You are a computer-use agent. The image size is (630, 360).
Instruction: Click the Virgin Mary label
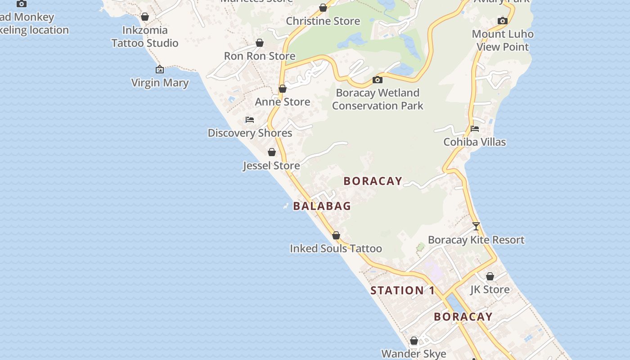(x=160, y=83)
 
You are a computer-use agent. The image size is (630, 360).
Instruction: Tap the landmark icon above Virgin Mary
(x=159, y=69)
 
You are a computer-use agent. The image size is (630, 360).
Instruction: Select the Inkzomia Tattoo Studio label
(x=145, y=36)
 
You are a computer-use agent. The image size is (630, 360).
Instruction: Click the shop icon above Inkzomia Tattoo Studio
(x=145, y=17)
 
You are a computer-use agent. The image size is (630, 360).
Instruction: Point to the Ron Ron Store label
(x=260, y=56)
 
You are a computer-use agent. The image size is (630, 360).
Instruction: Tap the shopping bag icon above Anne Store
(x=283, y=89)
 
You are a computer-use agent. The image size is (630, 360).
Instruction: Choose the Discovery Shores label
(x=250, y=133)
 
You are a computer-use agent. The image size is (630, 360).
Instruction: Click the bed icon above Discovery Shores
(x=250, y=120)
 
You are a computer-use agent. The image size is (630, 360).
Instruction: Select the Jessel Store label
(x=271, y=166)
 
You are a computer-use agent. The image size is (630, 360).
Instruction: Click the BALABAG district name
(x=322, y=206)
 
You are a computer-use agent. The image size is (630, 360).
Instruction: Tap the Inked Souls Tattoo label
(x=336, y=248)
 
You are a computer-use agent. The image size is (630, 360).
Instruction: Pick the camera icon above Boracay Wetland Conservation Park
(x=378, y=80)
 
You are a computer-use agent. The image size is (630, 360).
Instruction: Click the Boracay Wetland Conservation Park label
(x=378, y=99)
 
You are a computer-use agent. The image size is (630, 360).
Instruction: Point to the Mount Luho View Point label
(x=503, y=40)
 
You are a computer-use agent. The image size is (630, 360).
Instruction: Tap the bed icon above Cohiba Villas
(x=475, y=129)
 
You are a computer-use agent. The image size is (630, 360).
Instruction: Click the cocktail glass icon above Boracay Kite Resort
(x=476, y=226)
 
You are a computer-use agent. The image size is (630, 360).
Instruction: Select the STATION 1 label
(x=403, y=290)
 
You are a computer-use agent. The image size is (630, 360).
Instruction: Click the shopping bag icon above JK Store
(x=490, y=276)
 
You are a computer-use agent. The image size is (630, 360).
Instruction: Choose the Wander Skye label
(x=414, y=354)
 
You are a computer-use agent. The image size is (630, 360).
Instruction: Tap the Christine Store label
(x=323, y=21)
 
